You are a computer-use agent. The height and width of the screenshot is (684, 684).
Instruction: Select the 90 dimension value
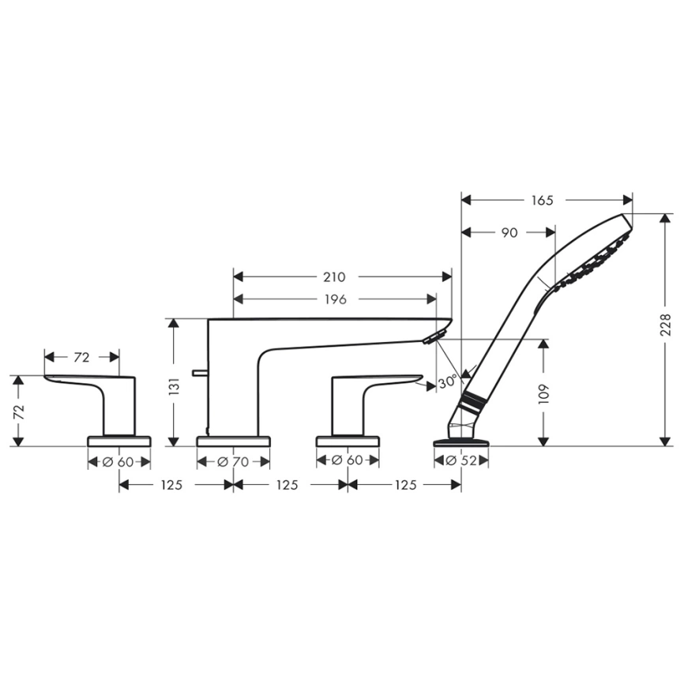click(x=509, y=233)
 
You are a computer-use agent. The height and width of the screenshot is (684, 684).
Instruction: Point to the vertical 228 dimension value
click(x=665, y=326)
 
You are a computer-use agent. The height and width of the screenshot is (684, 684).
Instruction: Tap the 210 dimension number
click(x=334, y=277)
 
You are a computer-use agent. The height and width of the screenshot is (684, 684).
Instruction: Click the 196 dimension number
click(x=334, y=299)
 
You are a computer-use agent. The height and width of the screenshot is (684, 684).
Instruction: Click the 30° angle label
click(x=447, y=383)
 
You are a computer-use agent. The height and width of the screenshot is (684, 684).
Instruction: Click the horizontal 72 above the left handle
click(x=81, y=358)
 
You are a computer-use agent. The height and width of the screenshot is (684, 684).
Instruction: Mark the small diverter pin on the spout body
click(x=200, y=372)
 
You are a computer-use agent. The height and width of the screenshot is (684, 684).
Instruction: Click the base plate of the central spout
click(x=233, y=441)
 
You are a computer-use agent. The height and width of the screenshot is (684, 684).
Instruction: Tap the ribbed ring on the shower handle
click(x=472, y=402)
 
